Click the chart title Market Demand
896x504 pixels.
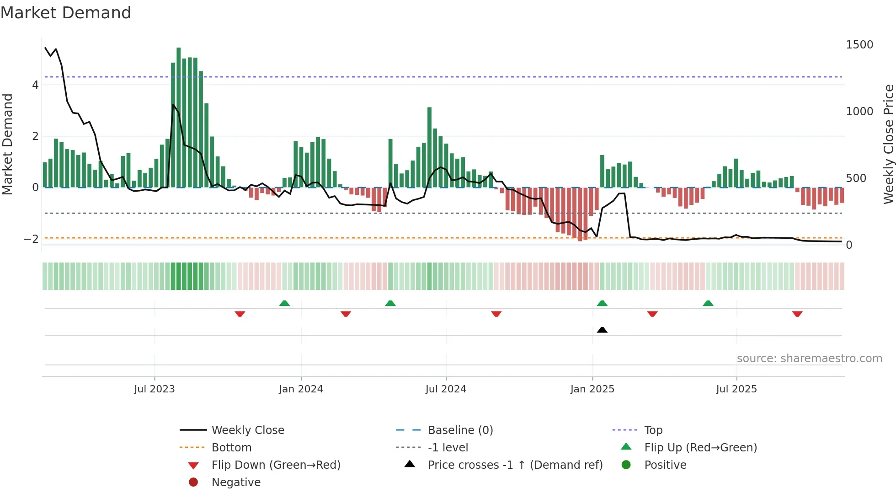click(x=66, y=13)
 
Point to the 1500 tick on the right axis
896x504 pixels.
click(x=859, y=45)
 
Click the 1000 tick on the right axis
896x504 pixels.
click(x=859, y=112)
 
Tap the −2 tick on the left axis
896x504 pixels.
click(x=31, y=239)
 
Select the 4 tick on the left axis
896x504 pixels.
click(x=35, y=85)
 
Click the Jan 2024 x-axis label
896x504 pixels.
click(x=301, y=389)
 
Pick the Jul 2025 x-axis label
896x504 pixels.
click(x=736, y=389)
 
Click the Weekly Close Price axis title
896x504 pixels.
click(x=888, y=144)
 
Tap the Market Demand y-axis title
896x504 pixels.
click(x=7, y=144)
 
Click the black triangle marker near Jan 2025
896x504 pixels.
click(x=602, y=330)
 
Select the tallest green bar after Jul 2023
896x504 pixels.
click(x=178, y=117)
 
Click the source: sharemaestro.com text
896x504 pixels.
click(x=809, y=359)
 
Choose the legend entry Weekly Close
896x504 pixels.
click(x=247, y=430)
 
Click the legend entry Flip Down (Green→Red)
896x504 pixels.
click(x=276, y=465)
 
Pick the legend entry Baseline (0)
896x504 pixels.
click(x=460, y=430)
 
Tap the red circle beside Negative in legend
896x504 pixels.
click(x=193, y=483)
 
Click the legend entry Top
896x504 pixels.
click(x=653, y=430)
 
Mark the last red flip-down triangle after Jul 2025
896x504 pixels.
click(x=797, y=314)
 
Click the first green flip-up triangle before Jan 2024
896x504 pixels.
click(x=284, y=303)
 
